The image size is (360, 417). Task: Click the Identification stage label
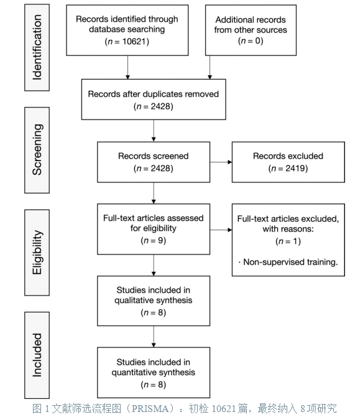click(x=37, y=47)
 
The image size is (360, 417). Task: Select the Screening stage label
click(x=37, y=150)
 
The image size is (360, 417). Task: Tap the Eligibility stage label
click(x=37, y=252)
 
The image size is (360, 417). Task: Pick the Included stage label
click(x=37, y=355)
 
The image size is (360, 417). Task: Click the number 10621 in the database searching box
click(x=134, y=42)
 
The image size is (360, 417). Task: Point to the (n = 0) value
click(x=251, y=40)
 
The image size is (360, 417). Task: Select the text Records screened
click(x=154, y=156)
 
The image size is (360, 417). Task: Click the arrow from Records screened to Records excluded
click(x=221, y=162)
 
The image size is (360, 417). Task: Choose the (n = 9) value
click(x=154, y=240)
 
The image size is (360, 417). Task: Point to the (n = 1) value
click(x=288, y=241)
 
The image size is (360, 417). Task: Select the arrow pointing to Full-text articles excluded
click(x=221, y=230)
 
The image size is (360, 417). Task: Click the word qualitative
click(x=131, y=301)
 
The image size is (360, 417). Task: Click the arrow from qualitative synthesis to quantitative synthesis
click(x=154, y=337)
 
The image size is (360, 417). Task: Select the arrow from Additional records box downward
click(x=210, y=67)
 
